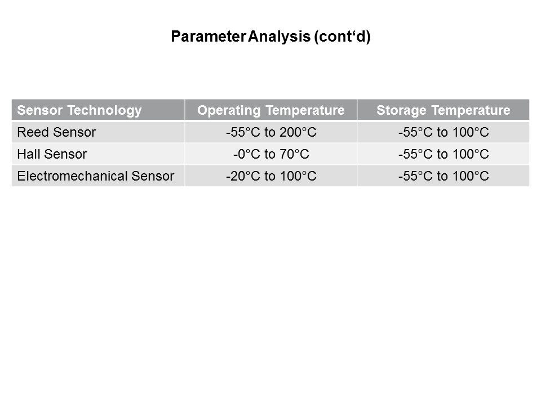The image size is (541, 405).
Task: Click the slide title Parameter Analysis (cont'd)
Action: click(x=271, y=37)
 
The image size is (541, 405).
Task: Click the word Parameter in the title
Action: click(x=209, y=37)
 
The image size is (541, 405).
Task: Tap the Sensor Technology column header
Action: click(x=79, y=110)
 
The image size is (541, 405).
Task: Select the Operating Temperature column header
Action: click(x=271, y=110)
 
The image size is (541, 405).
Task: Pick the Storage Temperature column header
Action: click(x=444, y=110)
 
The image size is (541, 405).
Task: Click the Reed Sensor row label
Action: click(x=56, y=132)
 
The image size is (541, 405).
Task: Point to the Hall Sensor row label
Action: click(x=52, y=154)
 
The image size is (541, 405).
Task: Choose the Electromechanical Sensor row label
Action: click(x=96, y=176)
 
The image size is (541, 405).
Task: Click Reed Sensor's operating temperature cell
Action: click(x=271, y=132)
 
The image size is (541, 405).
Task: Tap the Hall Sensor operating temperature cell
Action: click(x=271, y=154)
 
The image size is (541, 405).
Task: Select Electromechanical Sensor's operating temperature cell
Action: click(x=271, y=176)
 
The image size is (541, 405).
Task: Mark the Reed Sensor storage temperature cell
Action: click(x=444, y=132)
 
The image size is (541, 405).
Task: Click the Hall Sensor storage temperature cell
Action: click(x=444, y=154)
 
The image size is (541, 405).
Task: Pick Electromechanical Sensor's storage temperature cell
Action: click(x=444, y=176)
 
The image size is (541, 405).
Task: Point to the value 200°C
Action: click(x=298, y=132)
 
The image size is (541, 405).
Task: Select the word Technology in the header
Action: click(x=105, y=110)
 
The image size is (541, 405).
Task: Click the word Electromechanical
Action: click(x=73, y=176)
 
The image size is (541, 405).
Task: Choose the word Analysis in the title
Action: click(x=279, y=37)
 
